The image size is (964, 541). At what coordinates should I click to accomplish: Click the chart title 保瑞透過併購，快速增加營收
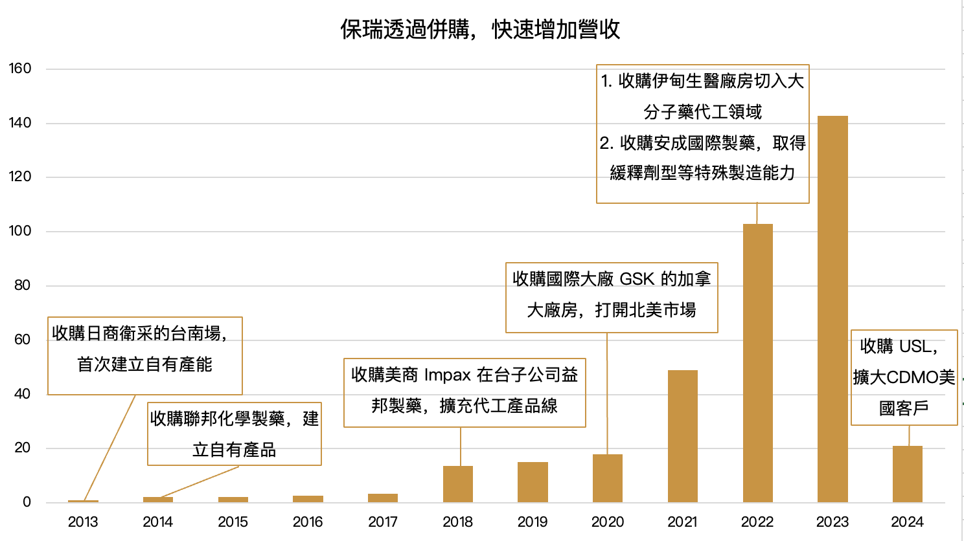pyautogui.click(x=480, y=29)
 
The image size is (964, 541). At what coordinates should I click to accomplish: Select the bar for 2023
pyautogui.click(x=832, y=309)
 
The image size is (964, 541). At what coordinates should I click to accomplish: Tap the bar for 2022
pyautogui.click(x=757, y=362)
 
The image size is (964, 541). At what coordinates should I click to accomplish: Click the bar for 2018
pyautogui.click(x=457, y=483)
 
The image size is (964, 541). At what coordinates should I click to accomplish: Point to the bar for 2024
pyautogui.click(x=907, y=474)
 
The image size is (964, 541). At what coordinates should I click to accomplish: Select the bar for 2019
pyautogui.click(x=533, y=481)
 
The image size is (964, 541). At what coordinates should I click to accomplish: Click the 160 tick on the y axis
pyautogui.click(x=20, y=69)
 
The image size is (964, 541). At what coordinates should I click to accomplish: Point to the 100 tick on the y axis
pyautogui.click(x=20, y=231)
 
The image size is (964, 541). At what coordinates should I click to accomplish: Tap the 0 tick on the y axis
pyautogui.click(x=27, y=502)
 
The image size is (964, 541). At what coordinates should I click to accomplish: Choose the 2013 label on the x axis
pyautogui.click(x=83, y=522)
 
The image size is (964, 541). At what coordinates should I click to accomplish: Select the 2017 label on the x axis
pyautogui.click(x=383, y=522)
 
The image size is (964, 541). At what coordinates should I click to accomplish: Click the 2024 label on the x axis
pyautogui.click(x=907, y=522)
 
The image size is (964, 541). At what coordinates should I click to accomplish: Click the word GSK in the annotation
pyautogui.click(x=636, y=280)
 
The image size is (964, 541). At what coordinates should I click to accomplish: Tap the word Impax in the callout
pyautogui.click(x=448, y=375)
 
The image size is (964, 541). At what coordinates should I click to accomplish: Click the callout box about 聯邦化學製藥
pyautogui.click(x=235, y=434)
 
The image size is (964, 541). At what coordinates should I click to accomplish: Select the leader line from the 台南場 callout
pyautogui.click(x=110, y=447)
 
